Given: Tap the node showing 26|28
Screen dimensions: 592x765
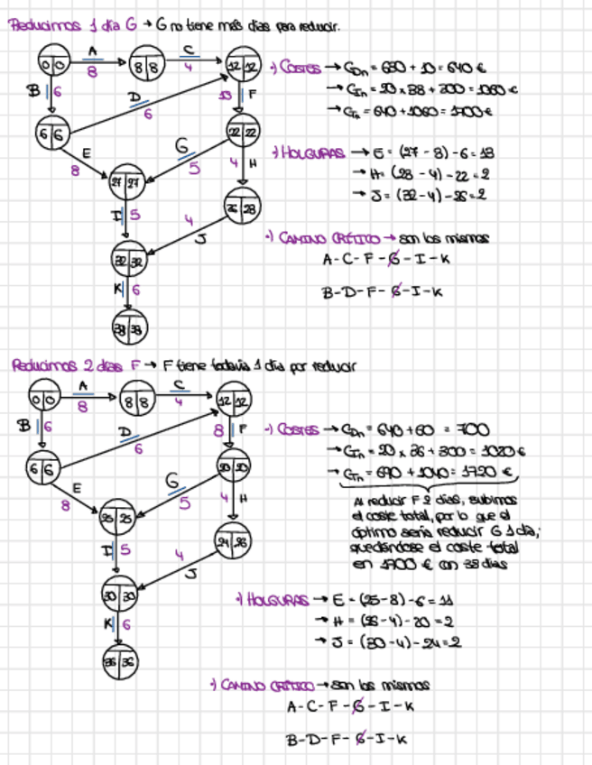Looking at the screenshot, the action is tap(240, 208).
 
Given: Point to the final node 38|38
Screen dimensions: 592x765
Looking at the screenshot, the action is tap(126, 328).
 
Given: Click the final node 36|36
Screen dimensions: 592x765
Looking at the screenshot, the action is tap(118, 659).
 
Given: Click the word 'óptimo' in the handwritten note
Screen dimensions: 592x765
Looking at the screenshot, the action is tap(376, 532).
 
